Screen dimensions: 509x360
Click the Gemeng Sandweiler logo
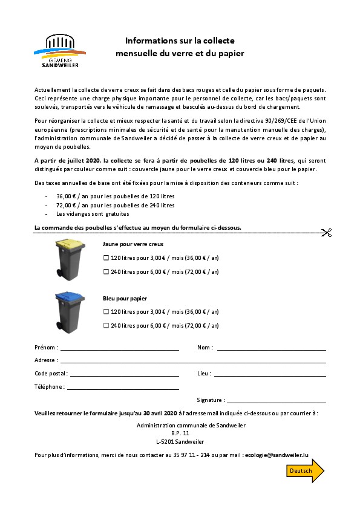[61, 51]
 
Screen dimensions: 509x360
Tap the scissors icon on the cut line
[326, 233]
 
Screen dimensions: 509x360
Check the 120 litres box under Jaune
[106, 258]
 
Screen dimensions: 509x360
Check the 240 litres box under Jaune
[106, 271]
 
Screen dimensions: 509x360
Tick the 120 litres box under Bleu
[106, 312]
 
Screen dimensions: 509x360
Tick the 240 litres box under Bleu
[106, 325]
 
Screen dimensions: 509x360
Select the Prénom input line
[119, 349]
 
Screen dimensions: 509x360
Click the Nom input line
[271, 349]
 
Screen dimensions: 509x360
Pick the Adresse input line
[192, 362]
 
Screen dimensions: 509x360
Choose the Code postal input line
[124, 375]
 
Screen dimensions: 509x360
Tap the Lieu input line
[270, 375]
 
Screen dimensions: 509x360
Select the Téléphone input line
[123, 389]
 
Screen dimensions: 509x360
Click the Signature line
[277, 402]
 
